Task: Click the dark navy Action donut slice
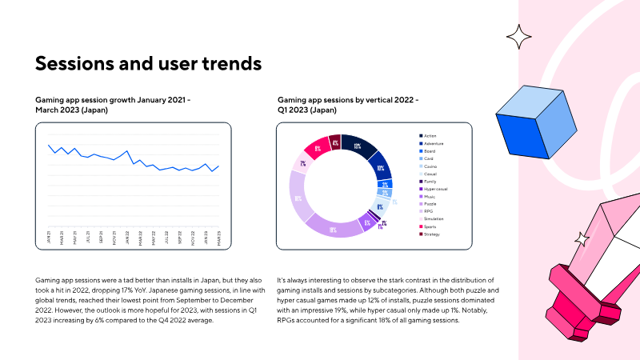click(358, 146)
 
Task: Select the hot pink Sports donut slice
click(318, 148)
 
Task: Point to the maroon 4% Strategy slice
click(335, 142)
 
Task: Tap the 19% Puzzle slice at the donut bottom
click(332, 229)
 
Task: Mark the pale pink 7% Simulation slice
click(303, 163)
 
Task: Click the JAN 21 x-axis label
click(49, 238)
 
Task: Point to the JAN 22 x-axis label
click(127, 238)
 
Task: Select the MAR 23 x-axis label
click(218, 238)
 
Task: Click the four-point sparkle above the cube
click(518, 35)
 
